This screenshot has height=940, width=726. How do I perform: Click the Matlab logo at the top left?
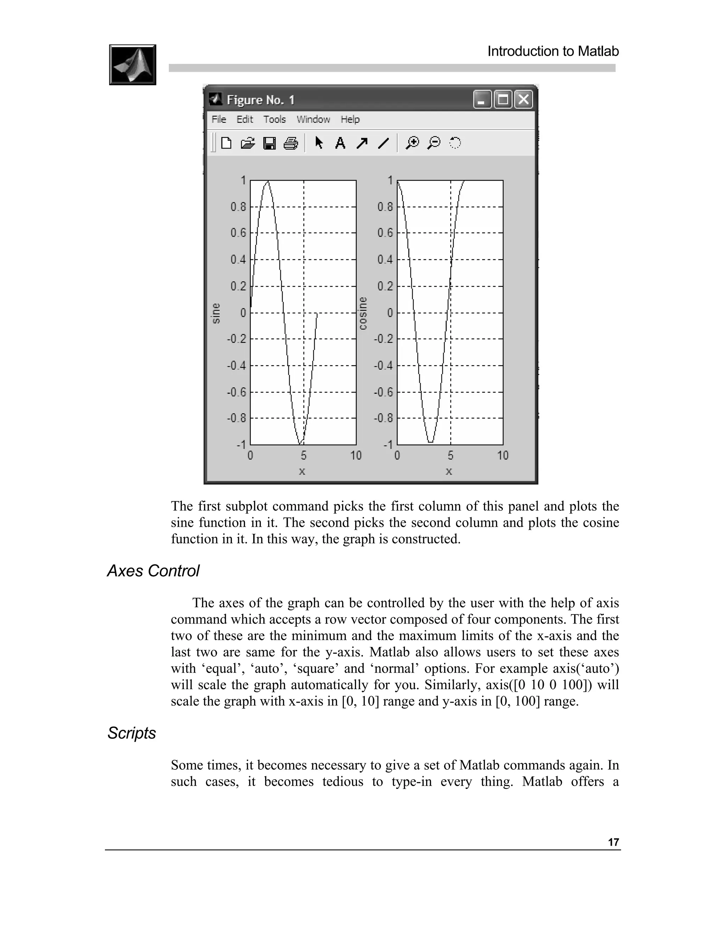point(133,65)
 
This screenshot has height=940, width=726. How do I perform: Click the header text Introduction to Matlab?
point(553,51)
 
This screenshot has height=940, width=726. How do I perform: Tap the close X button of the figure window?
point(524,100)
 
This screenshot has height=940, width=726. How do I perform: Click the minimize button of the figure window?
point(482,100)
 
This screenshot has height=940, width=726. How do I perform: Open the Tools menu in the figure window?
point(274,119)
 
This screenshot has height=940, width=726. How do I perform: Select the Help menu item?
point(350,119)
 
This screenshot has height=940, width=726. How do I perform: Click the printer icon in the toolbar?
point(291,143)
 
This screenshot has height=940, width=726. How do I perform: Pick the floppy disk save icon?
point(269,143)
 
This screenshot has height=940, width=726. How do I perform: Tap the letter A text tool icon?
point(340,143)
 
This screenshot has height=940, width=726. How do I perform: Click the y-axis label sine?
point(216,313)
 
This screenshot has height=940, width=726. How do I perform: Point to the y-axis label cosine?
point(363,313)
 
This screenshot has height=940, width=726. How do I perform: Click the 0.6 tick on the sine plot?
point(238,233)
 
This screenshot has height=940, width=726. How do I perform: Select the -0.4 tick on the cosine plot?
point(383,365)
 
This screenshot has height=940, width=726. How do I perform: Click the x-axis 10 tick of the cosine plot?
point(502,455)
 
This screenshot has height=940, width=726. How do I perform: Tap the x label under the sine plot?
point(302,471)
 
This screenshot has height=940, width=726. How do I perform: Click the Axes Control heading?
point(153,571)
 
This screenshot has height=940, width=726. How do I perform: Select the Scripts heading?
point(132,733)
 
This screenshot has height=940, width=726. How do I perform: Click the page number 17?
point(613,842)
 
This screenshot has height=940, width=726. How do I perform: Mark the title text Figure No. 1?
point(261,100)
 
